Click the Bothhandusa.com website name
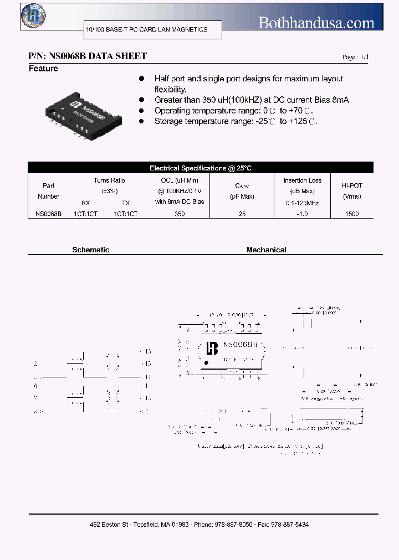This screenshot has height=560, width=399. click(x=316, y=23)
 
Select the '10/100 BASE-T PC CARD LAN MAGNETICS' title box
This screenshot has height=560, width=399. click(x=147, y=29)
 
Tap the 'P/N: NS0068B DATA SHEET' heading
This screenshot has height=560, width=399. click(x=88, y=56)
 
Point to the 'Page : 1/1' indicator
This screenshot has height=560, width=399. click(x=355, y=57)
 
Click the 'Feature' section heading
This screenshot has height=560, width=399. click(x=43, y=69)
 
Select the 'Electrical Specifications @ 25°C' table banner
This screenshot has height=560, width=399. click(x=201, y=168)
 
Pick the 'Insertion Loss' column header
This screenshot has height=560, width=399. click(x=303, y=180)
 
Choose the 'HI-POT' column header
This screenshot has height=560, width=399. click(x=352, y=186)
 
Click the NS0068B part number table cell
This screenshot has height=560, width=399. click(x=48, y=213)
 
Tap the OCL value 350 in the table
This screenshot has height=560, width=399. click(x=179, y=213)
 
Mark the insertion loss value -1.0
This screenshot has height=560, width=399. click(x=303, y=213)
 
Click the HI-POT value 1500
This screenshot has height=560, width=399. click(x=352, y=213)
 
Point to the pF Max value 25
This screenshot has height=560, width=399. click(x=242, y=213)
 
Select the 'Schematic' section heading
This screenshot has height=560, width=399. click(x=91, y=250)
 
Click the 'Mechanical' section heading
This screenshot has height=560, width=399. click(x=266, y=250)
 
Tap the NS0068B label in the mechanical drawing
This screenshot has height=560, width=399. click(x=240, y=345)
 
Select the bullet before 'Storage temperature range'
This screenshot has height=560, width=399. click(x=142, y=121)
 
